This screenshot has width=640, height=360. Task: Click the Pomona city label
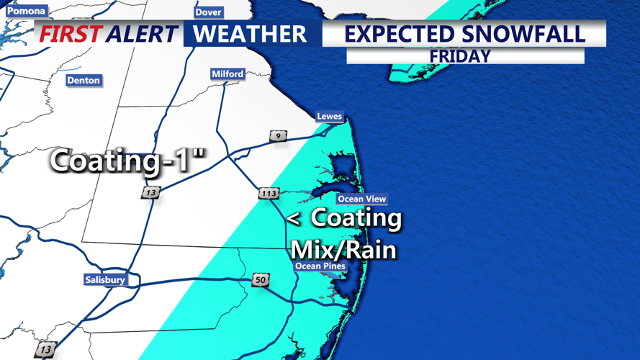click(26, 11)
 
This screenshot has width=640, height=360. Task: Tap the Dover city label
click(208, 12)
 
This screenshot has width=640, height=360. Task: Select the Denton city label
click(84, 80)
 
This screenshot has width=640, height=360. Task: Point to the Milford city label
click(227, 73)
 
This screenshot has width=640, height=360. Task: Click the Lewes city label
click(330, 116)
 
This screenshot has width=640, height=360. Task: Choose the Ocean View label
click(361, 199)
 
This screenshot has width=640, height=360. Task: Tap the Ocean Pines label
click(320, 266)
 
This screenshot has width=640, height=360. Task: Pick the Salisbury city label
click(105, 279)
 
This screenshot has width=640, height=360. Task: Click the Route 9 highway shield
click(278, 136)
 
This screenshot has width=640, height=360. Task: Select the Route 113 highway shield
click(269, 193)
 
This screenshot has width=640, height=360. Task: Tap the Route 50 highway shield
click(261, 279)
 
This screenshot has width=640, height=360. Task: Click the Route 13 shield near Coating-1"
click(150, 193)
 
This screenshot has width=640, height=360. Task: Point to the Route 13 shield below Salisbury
click(45, 349)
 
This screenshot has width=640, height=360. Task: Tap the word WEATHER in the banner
click(250, 34)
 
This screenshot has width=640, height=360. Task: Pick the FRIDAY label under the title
click(460, 55)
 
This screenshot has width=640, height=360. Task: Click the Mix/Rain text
click(343, 249)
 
